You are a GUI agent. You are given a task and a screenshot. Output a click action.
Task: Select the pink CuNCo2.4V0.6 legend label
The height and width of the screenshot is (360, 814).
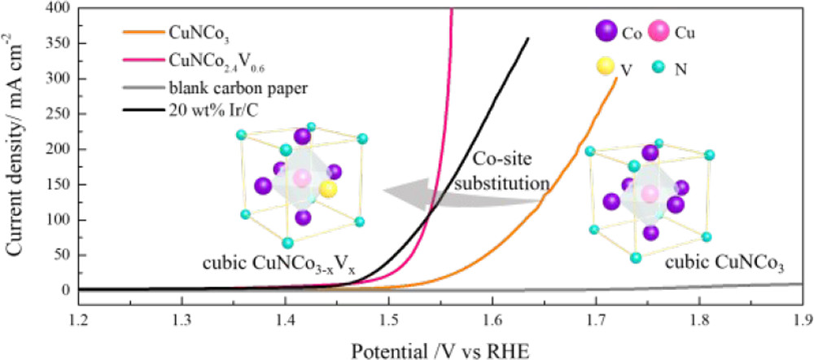point(206,59)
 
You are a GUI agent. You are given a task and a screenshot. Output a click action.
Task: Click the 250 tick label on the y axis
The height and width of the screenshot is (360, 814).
point(58,114)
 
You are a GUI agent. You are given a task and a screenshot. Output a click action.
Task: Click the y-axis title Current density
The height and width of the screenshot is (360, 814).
point(14,151)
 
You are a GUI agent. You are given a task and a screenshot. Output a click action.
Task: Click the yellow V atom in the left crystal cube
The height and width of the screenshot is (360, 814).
point(329,189)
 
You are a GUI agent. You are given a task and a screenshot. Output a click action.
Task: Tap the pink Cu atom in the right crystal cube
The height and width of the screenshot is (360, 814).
point(649,193)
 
